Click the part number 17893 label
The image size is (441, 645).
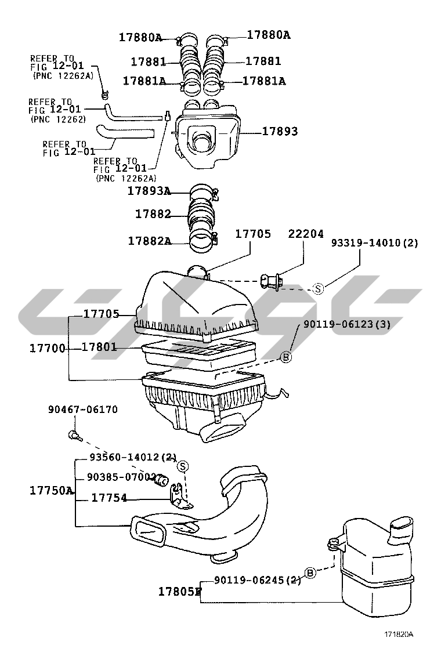point(280,132)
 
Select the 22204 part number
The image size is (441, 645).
point(306,234)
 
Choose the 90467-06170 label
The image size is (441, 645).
point(82,410)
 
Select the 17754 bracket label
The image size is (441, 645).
point(109,498)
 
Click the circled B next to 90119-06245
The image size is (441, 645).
point(310,574)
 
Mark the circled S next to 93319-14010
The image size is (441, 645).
point(318,288)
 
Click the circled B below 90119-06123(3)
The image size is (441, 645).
point(286,357)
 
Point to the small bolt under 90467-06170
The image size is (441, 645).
point(73,434)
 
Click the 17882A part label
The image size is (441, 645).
point(149,240)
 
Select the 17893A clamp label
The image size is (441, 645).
point(149,190)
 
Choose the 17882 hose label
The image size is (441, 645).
point(153,214)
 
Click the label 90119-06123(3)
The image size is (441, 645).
point(346,325)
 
